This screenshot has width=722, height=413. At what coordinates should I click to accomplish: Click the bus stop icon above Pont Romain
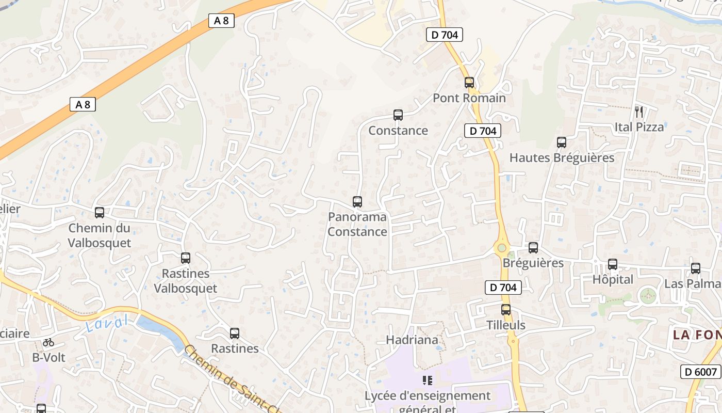pos(469,82)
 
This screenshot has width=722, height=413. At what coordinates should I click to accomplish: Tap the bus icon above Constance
pos(398,115)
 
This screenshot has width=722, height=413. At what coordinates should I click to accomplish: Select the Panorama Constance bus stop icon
pos(357,201)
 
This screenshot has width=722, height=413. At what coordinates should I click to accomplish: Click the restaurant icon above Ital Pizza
pos(639,111)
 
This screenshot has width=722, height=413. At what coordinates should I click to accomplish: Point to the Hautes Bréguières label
pos(562,157)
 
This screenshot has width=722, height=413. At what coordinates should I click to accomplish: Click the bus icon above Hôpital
pos(612,264)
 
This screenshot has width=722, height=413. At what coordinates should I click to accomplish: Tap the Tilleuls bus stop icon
pos(506,310)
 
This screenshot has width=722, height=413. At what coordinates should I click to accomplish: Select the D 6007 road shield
pos(700,372)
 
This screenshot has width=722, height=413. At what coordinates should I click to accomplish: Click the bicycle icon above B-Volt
pos(48,342)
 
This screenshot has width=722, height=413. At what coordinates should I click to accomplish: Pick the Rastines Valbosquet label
pos(186,281)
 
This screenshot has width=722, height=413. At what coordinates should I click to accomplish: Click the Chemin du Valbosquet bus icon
pos(100,212)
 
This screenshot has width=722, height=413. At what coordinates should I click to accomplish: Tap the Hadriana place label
pos(412,340)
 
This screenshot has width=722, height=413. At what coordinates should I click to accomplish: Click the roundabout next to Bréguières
pos(501,248)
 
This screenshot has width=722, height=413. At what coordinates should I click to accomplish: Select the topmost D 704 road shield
pos(444,35)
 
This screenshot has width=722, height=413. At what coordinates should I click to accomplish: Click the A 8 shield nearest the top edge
pos(221,21)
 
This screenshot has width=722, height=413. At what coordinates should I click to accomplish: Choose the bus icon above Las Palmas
pos(695,268)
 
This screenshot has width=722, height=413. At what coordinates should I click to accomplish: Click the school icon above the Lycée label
pos(427,380)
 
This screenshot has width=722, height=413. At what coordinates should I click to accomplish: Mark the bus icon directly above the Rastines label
pos(235,333)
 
